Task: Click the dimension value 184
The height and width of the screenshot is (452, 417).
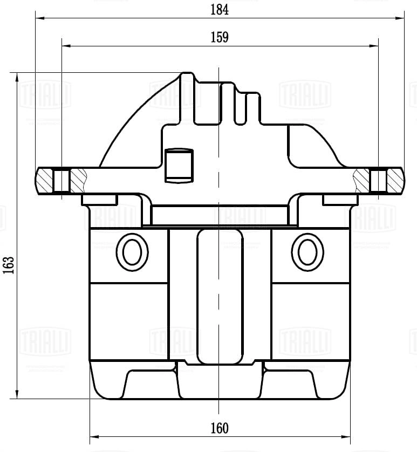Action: [x=220, y=9]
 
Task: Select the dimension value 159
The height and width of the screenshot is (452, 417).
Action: [x=220, y=37]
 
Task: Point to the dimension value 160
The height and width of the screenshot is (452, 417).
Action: [x=220, y=428]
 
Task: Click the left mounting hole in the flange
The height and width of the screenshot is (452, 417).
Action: [x=62, y=181]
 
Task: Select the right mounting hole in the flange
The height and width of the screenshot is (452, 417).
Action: [x=378, y=181]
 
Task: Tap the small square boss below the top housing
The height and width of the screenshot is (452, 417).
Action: [x=179, y=165]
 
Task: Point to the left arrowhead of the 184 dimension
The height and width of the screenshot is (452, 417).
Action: [x=39, y=18]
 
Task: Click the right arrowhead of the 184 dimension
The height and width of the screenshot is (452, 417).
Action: [x=400, y=18]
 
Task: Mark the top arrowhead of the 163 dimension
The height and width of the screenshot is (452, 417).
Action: [x=18, y=77]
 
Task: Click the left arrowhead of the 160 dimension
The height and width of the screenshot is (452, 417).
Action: [x=93, y=436]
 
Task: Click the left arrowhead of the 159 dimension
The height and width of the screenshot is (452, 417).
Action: [x=66, y=46]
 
